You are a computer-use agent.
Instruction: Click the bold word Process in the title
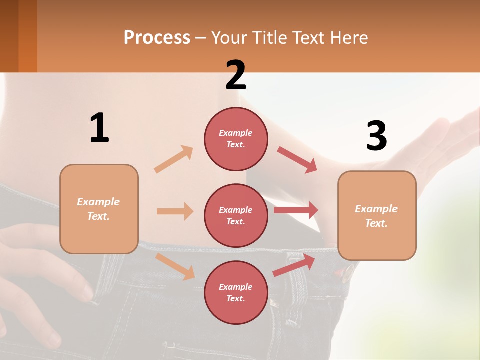[x=157, y=38]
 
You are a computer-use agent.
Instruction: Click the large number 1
[x=99, y=128]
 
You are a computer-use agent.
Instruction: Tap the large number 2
[x=236, y=75]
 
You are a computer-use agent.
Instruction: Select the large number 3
[x=376, y=136]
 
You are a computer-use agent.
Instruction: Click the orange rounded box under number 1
[x=99, y=209]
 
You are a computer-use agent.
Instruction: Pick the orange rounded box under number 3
[x=377, y=215]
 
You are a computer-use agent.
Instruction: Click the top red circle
[x=236, y=138]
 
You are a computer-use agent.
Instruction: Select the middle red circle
[x=236, y=215]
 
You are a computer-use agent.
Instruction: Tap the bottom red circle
[x=236, y=292]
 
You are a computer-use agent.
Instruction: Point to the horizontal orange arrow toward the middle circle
[x=175, y=211]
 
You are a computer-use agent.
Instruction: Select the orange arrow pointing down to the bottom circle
[x=175, y=266]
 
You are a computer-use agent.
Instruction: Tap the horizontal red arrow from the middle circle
[x=296, y=210]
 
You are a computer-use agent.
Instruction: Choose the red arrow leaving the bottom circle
[x=294, y=265]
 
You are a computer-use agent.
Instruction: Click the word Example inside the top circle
[x=235, y=133]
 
